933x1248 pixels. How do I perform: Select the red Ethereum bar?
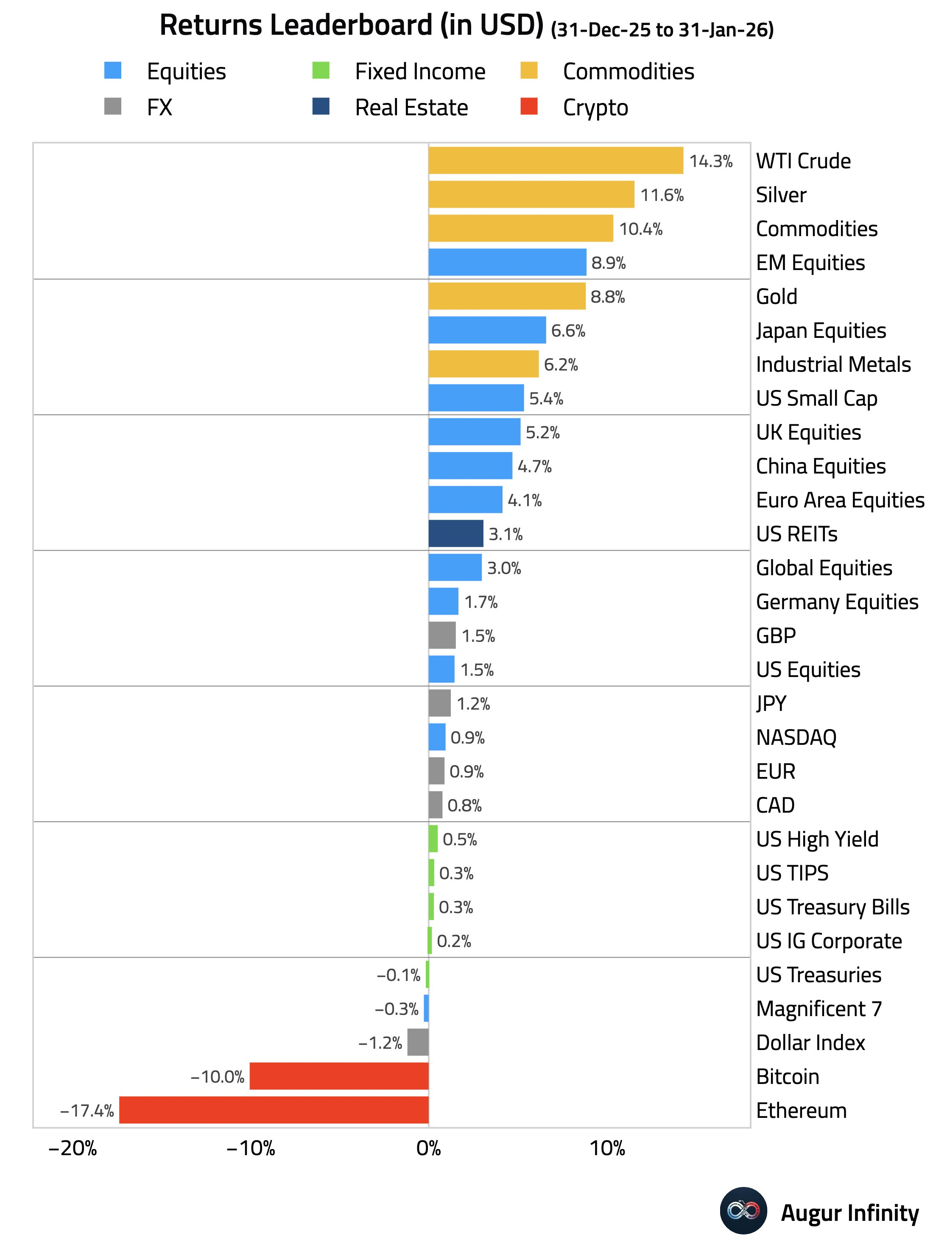(274, 1110)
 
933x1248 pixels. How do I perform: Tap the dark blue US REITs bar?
(455, 533)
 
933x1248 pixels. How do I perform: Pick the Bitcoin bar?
(339, 1076)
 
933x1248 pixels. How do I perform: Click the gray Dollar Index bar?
(418, 1042)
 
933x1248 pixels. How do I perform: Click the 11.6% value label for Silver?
(662, 195)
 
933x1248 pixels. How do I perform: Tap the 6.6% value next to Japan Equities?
(568, 331)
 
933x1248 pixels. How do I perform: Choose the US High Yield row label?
(817, 839)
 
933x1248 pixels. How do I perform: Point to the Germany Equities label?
(836, 602)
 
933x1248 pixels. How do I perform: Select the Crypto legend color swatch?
(529, 106)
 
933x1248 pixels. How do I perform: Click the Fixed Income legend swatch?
(321, 70)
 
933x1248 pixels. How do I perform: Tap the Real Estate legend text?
(411, 107)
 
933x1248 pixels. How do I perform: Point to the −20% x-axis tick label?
(73, 1148)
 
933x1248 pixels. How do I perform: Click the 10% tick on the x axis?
(607, 1148)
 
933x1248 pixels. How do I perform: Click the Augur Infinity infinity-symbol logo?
(743, 1210)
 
